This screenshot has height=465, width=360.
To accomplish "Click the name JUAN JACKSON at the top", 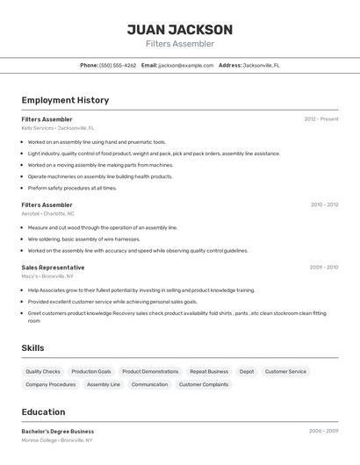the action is point(180,30).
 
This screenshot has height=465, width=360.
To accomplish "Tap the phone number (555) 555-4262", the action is point(118,65).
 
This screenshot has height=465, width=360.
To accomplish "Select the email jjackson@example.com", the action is point(186,65).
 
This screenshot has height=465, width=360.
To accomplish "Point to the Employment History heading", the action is point(65,100).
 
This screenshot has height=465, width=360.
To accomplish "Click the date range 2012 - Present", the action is point(321,119).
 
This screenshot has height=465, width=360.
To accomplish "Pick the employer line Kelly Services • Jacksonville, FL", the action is point(58,128).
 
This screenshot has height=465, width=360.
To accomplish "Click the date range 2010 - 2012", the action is point(324,205).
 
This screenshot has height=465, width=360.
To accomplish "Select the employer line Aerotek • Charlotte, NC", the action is point(48,214).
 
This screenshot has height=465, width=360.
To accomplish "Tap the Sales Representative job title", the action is point(54,268).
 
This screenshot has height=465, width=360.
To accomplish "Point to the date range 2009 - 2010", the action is point(324,268).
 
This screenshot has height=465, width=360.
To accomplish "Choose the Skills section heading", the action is point(33,348).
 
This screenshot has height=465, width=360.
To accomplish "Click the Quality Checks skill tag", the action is point(43,372).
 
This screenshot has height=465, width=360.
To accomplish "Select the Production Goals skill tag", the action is point(91,372).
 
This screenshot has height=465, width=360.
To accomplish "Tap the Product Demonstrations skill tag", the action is point(150,372).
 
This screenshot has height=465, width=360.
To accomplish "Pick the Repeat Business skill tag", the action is point(209,372).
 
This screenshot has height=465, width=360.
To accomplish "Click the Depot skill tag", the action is point(247,372).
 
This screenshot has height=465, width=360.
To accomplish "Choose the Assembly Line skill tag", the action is point(104,384).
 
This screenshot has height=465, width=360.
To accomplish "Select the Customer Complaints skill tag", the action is point(204,384).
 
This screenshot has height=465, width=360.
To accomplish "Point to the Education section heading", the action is point(44,412).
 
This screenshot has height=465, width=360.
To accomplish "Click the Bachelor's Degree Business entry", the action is point(58,432).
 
